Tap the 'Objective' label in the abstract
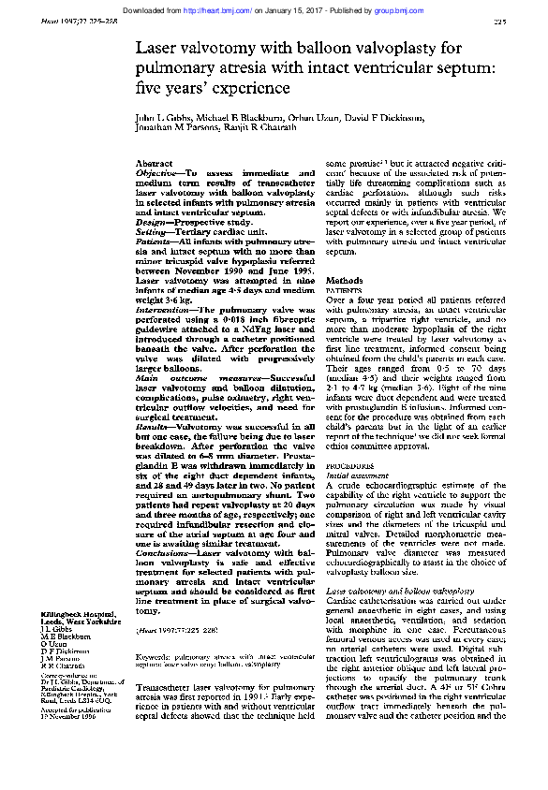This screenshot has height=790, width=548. pyautogui.click(x=157, y=174)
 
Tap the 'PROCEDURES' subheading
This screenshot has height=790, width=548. pyautogui.click(x=348, y=465)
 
